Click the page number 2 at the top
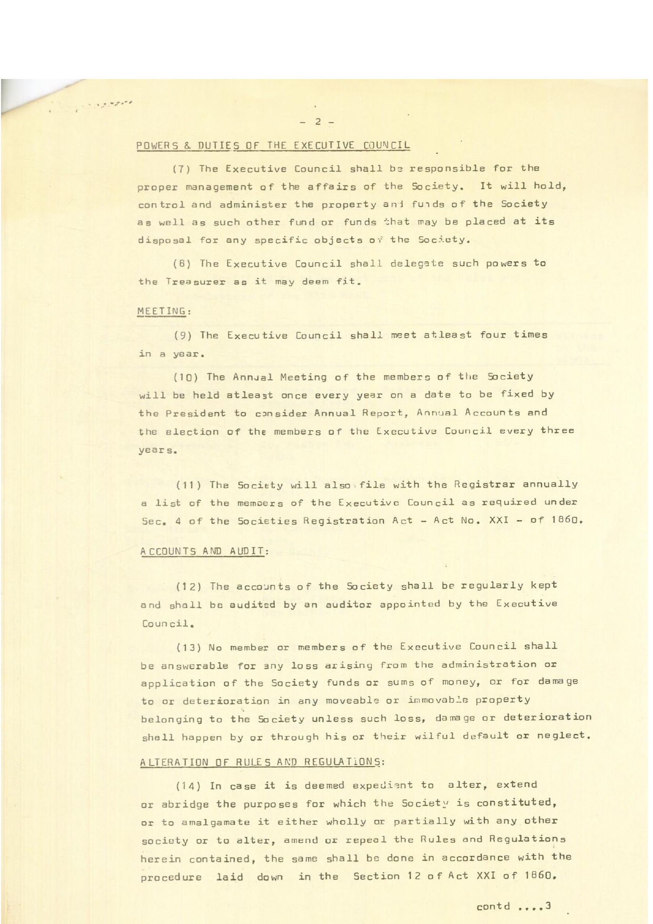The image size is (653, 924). click(318, 122)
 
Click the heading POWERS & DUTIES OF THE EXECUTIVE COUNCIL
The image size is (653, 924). click(273, 145)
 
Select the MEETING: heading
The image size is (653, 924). click(164, 311)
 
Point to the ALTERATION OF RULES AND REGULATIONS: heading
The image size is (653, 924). click(262, 762)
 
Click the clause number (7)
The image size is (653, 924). click(181, 169)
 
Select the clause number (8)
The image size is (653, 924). click(181, 264)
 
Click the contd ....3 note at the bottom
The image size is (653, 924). click(513, 906)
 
